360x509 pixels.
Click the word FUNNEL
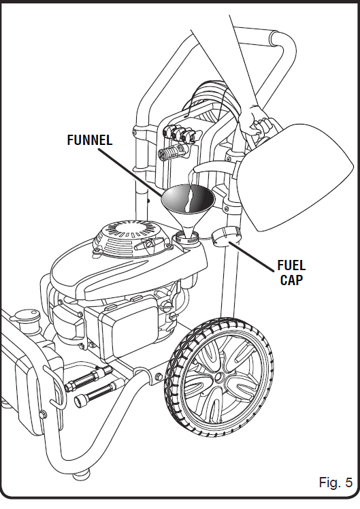[x=90, y=140]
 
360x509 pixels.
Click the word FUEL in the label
[x=291, y=265]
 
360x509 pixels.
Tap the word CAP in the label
[x=291, y=280]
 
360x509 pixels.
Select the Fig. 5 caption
[x=336, y=482]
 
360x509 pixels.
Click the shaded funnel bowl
[x=188, y=198]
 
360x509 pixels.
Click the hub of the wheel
[x=220, y=377]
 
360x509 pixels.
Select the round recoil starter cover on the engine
[x=131, y=234]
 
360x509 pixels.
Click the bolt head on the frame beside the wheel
[x=159, y=376]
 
